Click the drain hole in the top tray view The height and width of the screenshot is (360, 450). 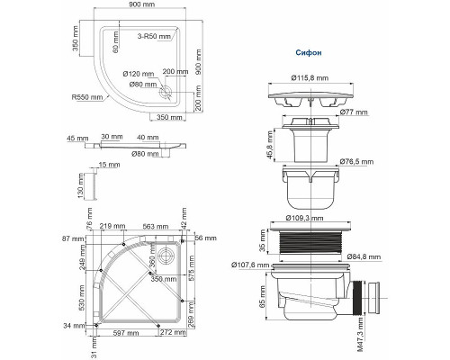click(166, 90)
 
